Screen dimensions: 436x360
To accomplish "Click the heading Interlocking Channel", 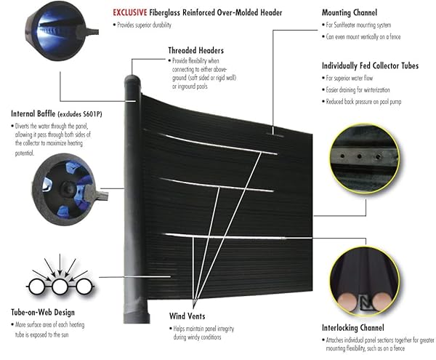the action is tap(355, 327).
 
